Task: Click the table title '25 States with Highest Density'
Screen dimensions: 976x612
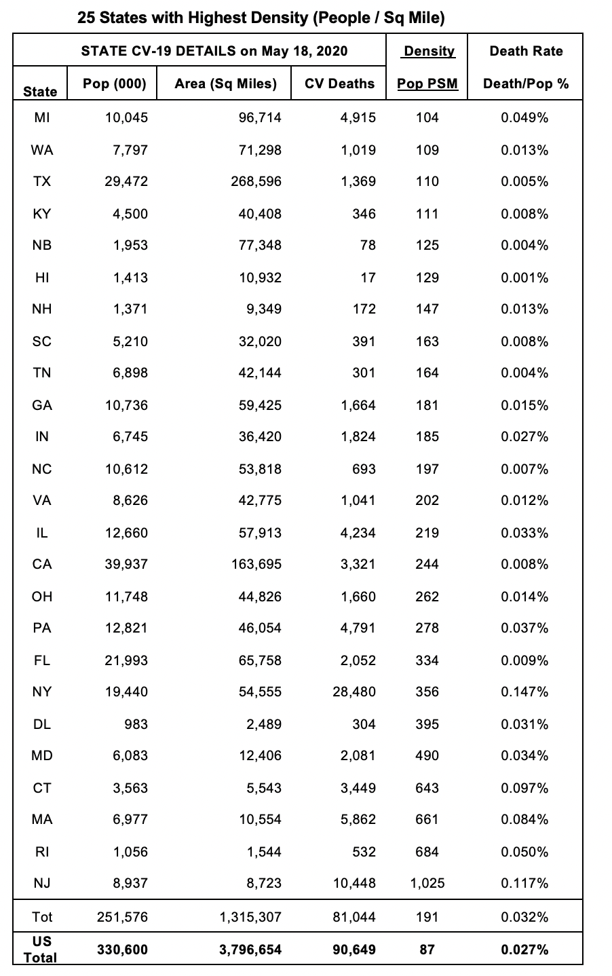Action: coord(261,18)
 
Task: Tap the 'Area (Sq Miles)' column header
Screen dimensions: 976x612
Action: coord(225,83)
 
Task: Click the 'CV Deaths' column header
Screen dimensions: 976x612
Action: coord(339,83)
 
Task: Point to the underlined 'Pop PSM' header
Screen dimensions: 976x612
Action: coord(427,84)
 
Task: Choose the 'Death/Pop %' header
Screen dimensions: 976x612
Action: coord(526,84)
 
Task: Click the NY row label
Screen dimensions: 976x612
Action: coord(42,692)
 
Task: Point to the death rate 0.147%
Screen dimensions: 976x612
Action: coord(524,692)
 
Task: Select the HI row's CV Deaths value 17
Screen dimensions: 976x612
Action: coord(367,278)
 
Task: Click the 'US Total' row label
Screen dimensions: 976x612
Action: coord(41,949)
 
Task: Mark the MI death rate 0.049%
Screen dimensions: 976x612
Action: coord(524,117)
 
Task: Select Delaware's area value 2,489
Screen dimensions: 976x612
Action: coord(264,724)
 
